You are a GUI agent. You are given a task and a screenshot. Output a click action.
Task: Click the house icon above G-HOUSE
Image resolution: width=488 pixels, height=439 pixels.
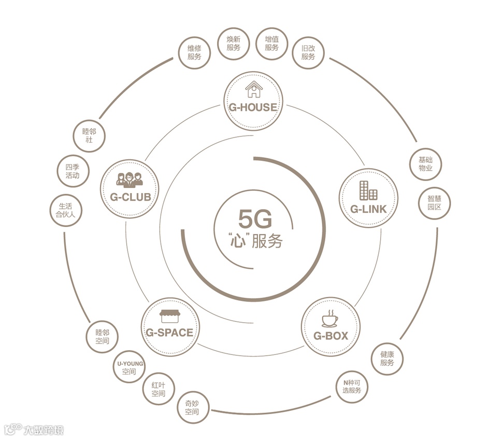point(254,89)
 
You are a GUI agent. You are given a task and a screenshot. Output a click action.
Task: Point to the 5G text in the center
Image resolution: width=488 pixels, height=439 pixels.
point(255,220)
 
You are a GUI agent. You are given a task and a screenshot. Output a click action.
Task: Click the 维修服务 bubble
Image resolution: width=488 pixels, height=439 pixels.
point(194,52)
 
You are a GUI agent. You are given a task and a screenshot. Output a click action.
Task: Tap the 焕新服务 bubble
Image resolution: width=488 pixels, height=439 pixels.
point(233,43)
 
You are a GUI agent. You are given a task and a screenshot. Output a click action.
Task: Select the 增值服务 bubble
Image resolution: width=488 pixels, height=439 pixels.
point(271,43)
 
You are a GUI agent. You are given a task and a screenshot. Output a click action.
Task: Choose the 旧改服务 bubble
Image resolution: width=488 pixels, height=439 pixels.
point(308,52)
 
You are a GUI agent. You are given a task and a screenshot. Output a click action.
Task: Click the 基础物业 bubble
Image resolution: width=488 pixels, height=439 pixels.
point(425,164)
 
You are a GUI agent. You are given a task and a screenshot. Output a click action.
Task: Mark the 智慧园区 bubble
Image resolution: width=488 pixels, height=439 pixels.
point(434,203)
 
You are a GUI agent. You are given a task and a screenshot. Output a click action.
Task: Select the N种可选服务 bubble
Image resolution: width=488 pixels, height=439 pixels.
point(352,387)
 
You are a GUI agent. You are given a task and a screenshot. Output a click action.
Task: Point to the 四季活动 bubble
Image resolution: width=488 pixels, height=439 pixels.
point(73,172)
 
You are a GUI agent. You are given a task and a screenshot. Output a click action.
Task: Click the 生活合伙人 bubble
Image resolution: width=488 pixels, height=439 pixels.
point(66,211)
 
